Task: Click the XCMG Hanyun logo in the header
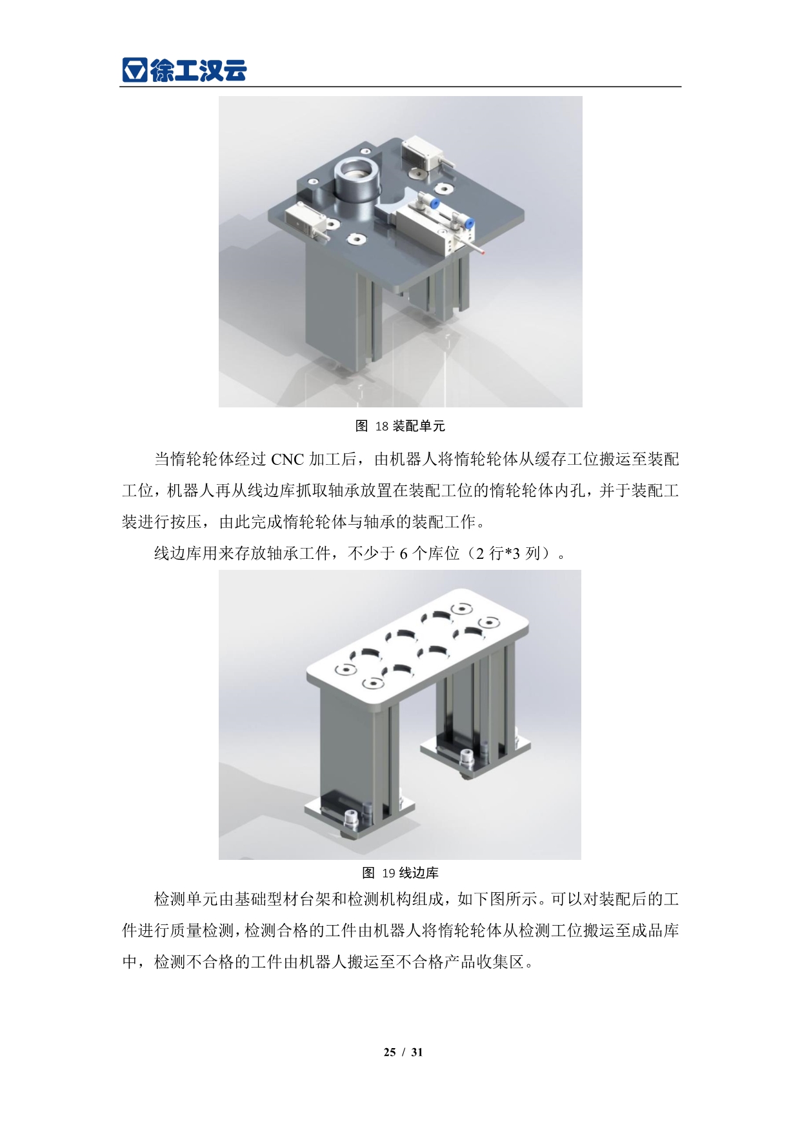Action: coord(185,70)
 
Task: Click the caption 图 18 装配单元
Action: coord(400,426)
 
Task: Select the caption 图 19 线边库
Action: coord(400,873)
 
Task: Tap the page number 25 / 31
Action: coord(403,1052)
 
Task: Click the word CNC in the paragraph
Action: coord(287,460)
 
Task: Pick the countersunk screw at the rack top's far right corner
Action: coord(487,622)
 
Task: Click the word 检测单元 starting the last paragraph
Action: coord(186,899)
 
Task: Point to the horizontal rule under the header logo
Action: coord(400,86)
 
